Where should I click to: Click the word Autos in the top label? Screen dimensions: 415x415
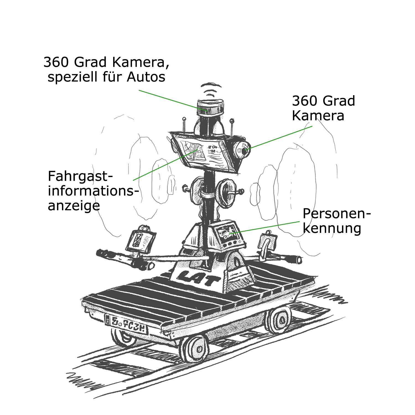coord(146,77)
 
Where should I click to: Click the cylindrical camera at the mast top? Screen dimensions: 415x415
coord(209,108)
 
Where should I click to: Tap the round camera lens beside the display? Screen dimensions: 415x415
coord(243,151)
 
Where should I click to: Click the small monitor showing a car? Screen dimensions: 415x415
coord(227,232)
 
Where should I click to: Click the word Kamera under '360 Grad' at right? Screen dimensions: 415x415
coord(318,116)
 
